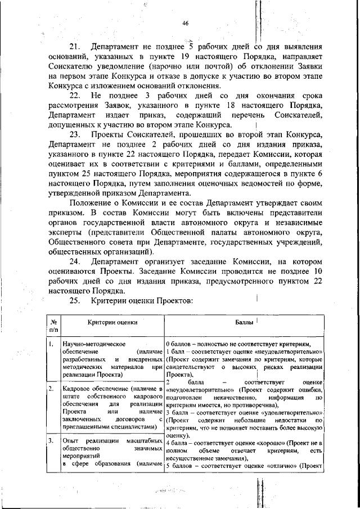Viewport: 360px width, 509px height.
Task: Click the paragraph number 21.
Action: [x=75, y=47]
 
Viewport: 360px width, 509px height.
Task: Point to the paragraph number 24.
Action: [x=75, y=262]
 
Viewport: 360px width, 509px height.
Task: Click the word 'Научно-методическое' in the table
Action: [x=91, y=343]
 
